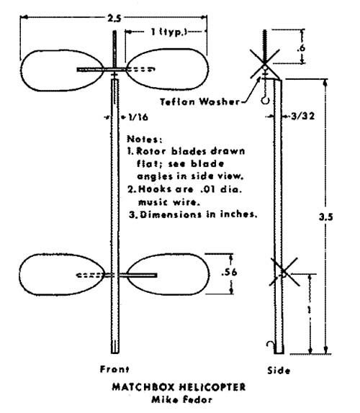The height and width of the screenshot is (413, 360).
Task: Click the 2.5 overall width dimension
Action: point(114,19)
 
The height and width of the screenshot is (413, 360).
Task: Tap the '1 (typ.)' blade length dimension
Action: point(169,32)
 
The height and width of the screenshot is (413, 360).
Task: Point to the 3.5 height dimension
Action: point(325,217)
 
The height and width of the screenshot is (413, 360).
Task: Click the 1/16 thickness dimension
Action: point(138,117)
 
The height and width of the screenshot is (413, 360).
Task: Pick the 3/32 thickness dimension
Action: point(303,116)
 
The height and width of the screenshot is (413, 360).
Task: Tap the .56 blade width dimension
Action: point(229,272)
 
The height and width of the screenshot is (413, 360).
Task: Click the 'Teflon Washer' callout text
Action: point(200,101)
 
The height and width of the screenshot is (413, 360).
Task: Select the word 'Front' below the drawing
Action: point(114,369)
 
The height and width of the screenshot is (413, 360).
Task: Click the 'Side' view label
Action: point(279,371)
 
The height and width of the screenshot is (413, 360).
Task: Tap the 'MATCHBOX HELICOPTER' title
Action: point(179,387)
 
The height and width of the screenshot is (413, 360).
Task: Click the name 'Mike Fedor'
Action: point(182,399)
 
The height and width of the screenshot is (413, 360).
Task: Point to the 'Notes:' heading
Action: point(145,139)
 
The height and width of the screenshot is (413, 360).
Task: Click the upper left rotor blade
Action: point(63,71)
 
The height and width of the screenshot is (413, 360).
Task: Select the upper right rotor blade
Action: point(167,69)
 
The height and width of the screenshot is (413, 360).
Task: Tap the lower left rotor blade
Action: point(62,274)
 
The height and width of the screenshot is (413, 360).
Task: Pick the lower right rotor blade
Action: point(168,274)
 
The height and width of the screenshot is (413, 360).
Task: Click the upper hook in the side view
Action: point(266,100)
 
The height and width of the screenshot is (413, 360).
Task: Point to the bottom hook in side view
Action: point(270,345)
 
